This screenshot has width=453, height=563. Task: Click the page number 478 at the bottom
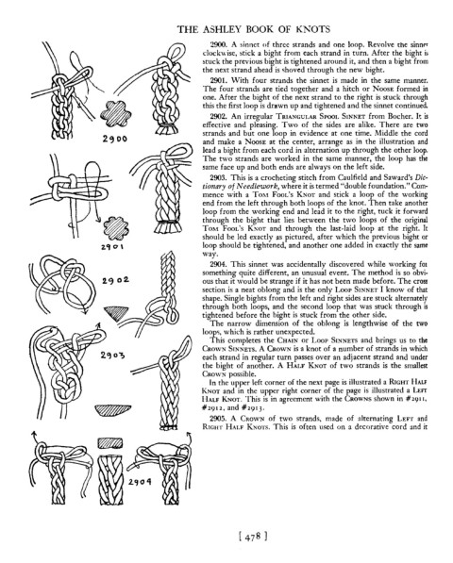tap(253, 537)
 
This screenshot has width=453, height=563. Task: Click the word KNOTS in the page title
tap(312, 29)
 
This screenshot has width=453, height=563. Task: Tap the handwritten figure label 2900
tap(114, 139)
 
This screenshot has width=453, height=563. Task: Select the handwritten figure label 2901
tap(112, 247)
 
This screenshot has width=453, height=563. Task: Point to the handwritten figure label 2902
tap(116, 280)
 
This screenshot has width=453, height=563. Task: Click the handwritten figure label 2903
tap(113, 356)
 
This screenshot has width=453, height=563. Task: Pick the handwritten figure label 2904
tap(140, 482)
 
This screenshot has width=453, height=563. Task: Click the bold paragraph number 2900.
tap(218, 45)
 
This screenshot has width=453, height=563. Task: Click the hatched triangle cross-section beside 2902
tap(116, 312)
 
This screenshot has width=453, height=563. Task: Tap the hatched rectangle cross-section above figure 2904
tap(109, 442)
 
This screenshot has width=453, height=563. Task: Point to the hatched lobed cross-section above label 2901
tap(116, 227)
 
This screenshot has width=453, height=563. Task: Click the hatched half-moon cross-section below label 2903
tap(113, 410)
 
